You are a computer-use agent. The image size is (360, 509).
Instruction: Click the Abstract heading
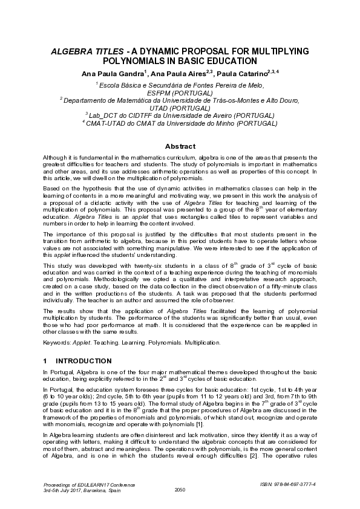pyautogui.click(x=180, y=146)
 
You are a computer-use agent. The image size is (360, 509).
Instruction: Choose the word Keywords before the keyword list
pyautogui.click(x=57, y=342)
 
